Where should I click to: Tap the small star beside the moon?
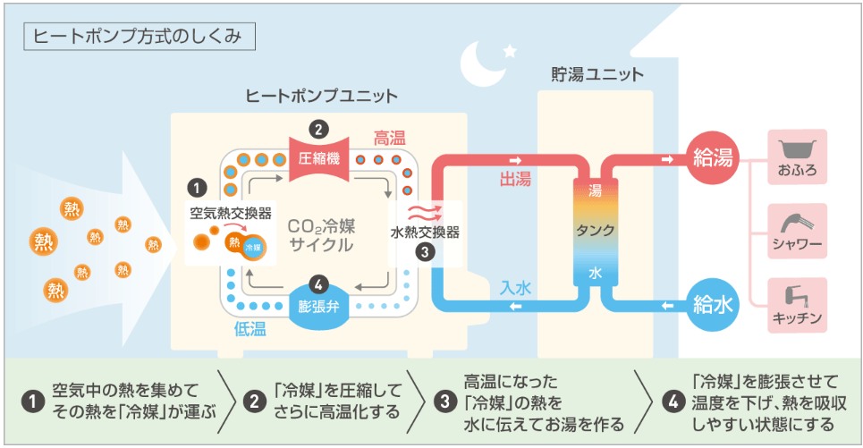coord(510,50)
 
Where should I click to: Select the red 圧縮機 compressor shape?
coord(319,158)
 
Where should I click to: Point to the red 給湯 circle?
coord(713,159)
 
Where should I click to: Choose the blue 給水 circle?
coord(713,305)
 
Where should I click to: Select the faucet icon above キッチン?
coord(796,295)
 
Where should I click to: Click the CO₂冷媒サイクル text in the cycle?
coord(320,234)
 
